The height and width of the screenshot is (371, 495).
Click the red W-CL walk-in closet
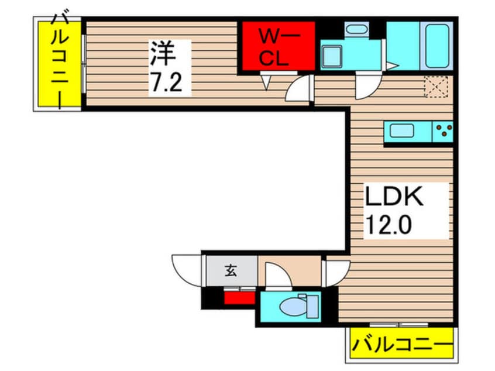278,46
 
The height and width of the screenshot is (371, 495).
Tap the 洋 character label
163,53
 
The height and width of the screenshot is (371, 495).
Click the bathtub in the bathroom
436,47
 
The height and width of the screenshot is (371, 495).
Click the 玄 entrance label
230,272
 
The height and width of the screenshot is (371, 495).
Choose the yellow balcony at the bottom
401,343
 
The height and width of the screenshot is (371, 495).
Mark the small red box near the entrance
239,297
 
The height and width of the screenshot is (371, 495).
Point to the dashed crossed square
436,87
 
